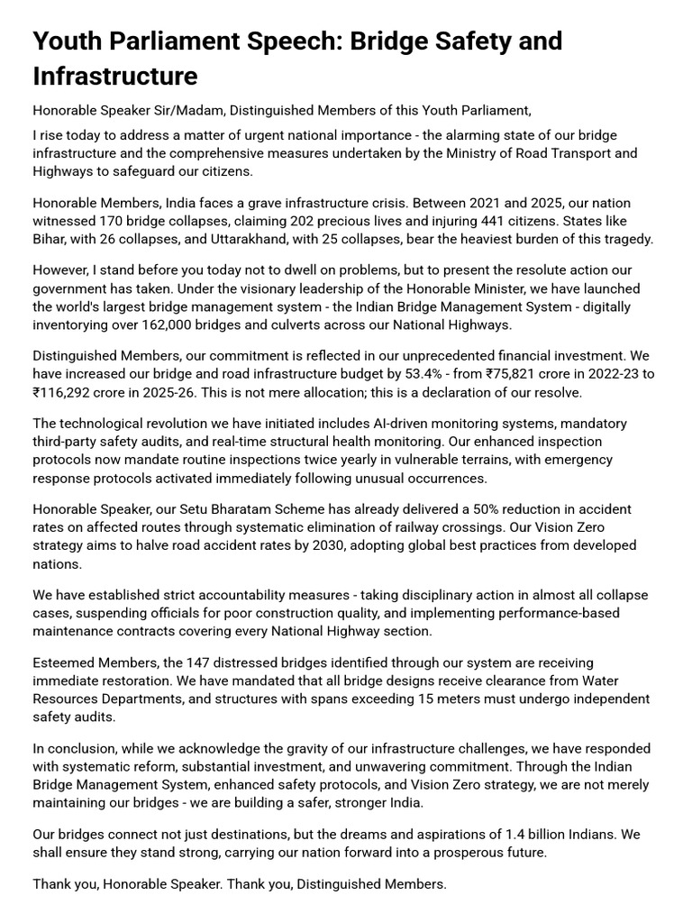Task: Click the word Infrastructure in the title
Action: point(114,76)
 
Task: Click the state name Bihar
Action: point(51,239)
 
